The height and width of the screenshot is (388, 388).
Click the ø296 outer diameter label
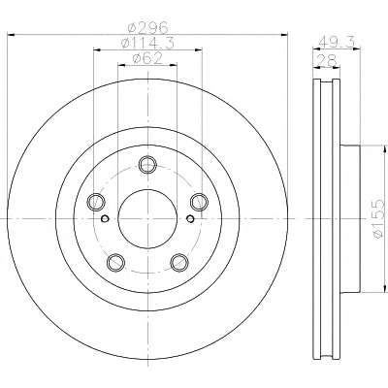[147, 28]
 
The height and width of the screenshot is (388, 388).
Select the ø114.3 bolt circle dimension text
[147, 44]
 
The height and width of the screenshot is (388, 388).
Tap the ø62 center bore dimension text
[147, 58]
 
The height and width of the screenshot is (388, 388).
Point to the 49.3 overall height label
[338, 42]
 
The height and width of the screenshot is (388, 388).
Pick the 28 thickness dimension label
[327, 60]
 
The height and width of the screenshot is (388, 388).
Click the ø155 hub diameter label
[378, 219]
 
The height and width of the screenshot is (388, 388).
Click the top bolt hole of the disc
[147, 165]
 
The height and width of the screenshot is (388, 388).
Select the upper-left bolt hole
[96, 202]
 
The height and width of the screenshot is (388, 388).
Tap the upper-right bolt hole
[199, 202]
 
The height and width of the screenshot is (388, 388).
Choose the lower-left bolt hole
[115, 262]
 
